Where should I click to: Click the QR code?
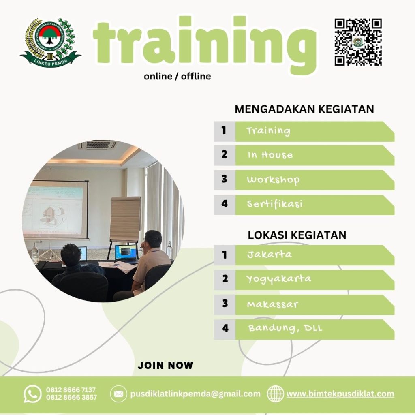click(x=358, y=42)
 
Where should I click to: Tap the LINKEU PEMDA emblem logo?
click(x=50, y=43)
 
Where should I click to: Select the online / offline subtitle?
click(x=177, y=76)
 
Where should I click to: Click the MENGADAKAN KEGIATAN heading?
click(x=304, y=109)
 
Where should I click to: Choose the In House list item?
click(x=270, y=155)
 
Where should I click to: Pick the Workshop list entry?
click(x=273, y=180)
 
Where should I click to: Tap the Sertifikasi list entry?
click(x=275, y=204)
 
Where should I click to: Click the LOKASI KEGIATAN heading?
click(x=297, y=235)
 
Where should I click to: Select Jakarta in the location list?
click(x=269, y=255)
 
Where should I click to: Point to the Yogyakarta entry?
click(x=279, y=279)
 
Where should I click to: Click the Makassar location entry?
click(x=272, y=304)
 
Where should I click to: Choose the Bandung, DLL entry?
click(x=285, y=328)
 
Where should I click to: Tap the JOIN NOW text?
click(x=165, y=365)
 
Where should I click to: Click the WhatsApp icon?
click(x=32, y=394)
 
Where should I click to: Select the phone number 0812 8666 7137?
click(x=71, y=390)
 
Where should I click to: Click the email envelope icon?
click(x=118, y=394)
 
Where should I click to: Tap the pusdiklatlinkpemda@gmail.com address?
click(x=195, y=394)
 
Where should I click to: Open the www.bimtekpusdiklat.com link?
click(x=340, y=394)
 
